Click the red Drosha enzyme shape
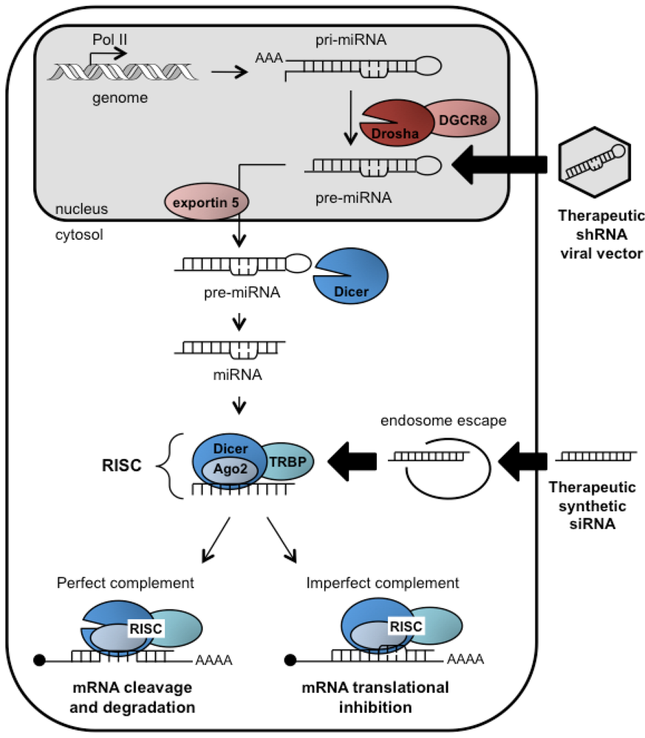tap(396, 123)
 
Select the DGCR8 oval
tap(463, 119)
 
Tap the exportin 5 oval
tap(206, 202)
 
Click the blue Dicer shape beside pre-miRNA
tap(351, 276)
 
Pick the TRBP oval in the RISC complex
tap(287, 462)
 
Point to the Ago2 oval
tap(231, 469)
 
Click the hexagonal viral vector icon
tap(595, 162)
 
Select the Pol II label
tap(109, 40)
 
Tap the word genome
tap(120, 98)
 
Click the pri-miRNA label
tap(351, 40)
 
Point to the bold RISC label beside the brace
tap(122, 466)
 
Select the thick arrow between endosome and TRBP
tap(352, 461)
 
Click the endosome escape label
tap(443, 421)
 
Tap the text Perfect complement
tap(126, 583)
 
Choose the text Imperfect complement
tap(383, 583)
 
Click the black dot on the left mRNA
tap(40, 661)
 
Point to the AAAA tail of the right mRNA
tap(465, 659)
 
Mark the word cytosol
tap(79, 235)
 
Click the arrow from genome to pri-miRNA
tap(230, 72)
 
